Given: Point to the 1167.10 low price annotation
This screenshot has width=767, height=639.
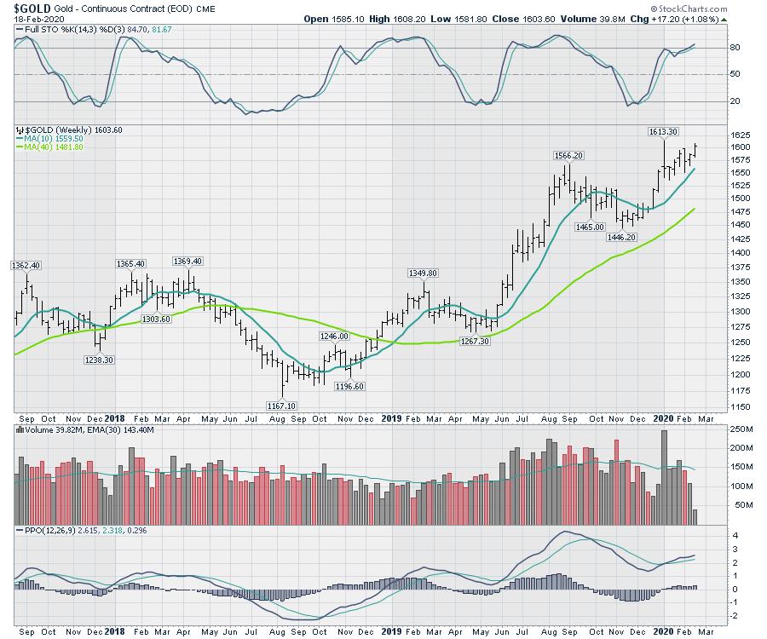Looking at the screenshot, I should coord(282,406).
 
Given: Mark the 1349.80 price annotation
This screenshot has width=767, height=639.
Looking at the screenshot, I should coord(423,273).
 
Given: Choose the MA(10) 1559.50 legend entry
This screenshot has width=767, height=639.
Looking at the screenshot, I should coord(53,138).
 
